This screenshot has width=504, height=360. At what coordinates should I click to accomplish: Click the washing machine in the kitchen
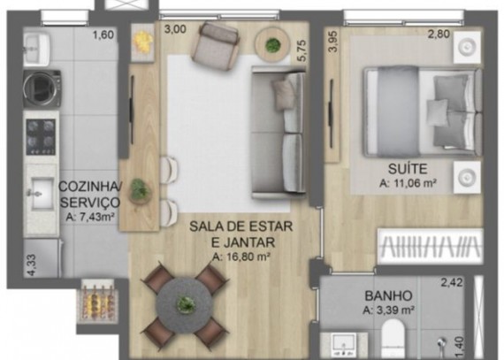42,89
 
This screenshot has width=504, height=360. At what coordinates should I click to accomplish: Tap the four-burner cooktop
41,136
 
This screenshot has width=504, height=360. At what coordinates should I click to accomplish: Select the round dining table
184,304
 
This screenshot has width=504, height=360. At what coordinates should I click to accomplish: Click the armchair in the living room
216,45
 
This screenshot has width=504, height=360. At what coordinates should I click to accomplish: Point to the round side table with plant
273,44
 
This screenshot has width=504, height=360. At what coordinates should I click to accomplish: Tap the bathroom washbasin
344,346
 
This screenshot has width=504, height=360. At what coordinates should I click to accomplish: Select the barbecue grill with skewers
97,301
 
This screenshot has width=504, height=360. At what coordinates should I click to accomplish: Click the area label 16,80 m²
241,257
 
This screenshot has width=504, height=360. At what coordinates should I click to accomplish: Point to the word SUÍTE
408,169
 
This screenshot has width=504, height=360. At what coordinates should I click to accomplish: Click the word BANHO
388,295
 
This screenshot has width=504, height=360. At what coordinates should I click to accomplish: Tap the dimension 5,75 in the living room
302,50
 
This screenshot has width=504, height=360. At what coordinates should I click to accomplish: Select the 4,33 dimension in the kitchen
32,265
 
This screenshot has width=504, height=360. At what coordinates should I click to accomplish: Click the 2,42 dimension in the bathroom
452,282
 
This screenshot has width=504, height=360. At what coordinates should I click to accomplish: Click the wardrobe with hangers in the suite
430,247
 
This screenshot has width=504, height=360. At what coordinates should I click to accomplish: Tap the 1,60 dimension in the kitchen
103,34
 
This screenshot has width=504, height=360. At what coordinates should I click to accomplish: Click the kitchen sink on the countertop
41,194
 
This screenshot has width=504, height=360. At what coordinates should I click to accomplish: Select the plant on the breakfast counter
139,189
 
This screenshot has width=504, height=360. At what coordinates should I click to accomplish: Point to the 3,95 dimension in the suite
333,42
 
